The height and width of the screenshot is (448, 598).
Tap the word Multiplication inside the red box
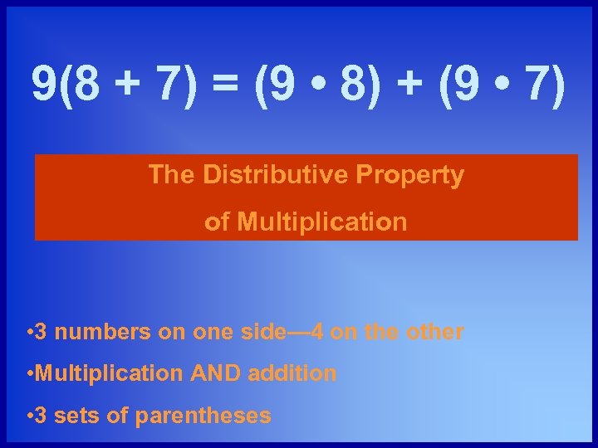[321, 222]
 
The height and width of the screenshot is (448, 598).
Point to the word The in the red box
[172, 175]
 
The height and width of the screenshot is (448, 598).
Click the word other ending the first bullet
[435, 332]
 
